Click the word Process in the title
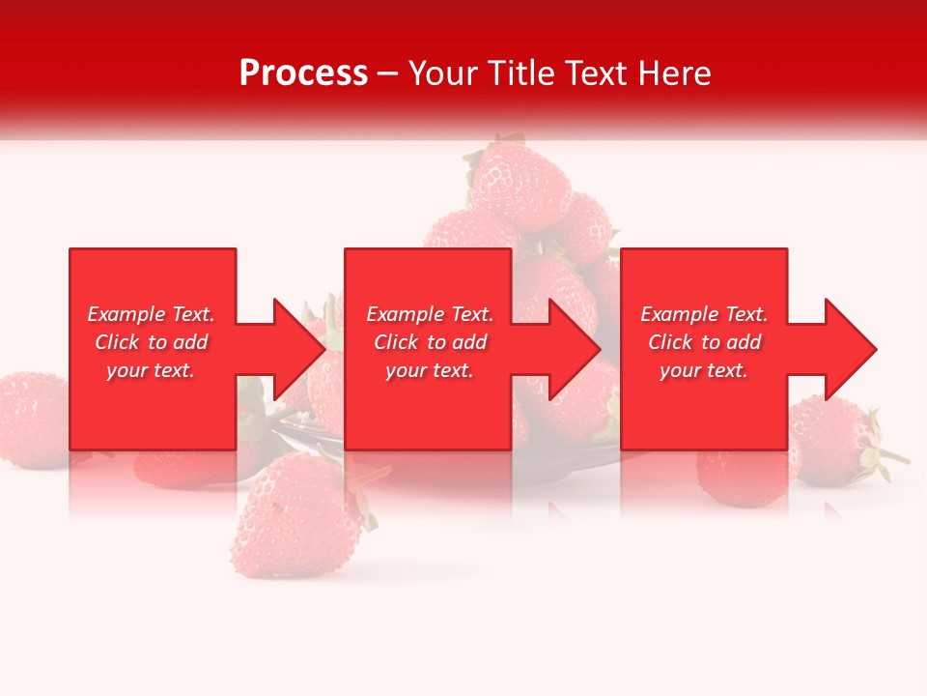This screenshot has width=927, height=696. [x=303, y=73]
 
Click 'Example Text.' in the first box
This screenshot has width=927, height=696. [x=151, y=314]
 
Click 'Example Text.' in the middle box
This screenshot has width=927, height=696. [x=430, y=314]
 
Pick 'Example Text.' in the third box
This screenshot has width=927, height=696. [x=704, y=314]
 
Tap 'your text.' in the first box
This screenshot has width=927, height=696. [x=151, y=370]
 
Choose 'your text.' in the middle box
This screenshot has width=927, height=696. [x=430, y=370]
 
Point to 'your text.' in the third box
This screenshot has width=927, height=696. [x=704, y=370]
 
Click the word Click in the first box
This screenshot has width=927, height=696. [x=118, y=342]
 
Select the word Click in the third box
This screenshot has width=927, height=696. [x=671, y=342]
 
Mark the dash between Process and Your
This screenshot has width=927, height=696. [x=388, y=74]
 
